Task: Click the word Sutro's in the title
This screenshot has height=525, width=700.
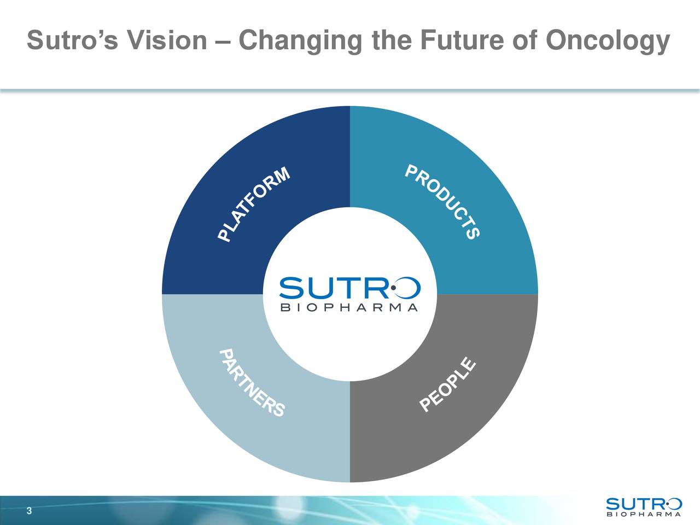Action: [73, 40]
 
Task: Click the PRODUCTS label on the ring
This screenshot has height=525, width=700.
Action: [442, 202]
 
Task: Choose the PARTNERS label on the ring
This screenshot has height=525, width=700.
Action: [252, 383]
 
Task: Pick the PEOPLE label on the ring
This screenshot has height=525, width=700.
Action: [447, 384]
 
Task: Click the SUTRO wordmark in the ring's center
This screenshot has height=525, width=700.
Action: [350, 288]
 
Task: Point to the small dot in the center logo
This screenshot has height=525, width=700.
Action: [394, 288]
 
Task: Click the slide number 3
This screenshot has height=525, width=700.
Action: [30, 511]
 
